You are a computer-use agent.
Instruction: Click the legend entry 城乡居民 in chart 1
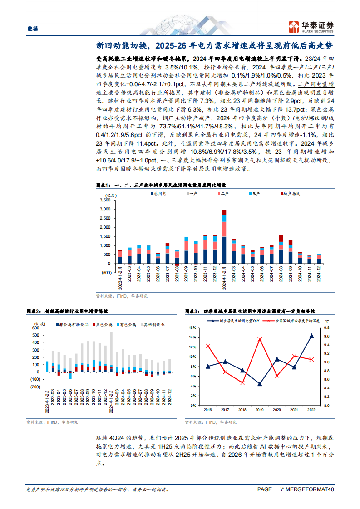[x=292, y=193]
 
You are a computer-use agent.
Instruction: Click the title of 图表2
[x=70, y=311]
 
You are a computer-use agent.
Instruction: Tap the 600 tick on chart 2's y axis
[x=35, y=328]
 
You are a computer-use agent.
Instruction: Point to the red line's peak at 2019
[x=260, y=339]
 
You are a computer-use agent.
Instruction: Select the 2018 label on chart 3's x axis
[x=242, y=409]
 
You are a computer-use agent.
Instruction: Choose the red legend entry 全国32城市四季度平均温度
[x=295, y=321]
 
